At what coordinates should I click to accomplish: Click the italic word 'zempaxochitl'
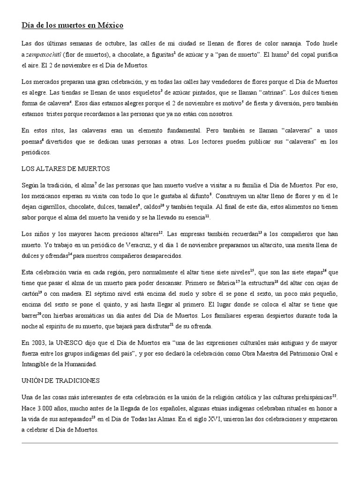44,55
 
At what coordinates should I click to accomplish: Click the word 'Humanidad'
82,364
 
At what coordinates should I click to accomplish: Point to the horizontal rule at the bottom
180,442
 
